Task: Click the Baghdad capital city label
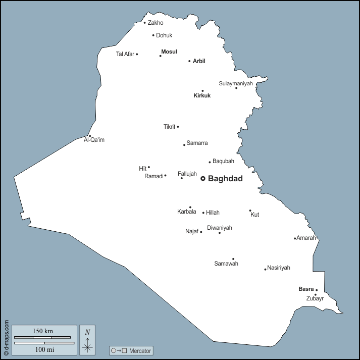coord(225,179)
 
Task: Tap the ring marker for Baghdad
coord(203,178)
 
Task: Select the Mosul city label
coord(169,52)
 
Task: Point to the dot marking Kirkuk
coord(202,91)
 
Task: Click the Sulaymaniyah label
coord(235,83)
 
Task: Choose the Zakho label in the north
coord(156,23)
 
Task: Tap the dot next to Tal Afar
coord(137,54)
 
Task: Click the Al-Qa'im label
coord(94,140)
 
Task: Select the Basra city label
coord(306,289)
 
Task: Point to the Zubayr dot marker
coord(316,295)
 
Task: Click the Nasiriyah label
coord(279,268)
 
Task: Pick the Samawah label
coord(226,264)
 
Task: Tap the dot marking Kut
coord(250,211)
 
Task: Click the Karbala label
coord(186,212)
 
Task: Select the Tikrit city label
coord(169,127)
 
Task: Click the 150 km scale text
coord(43,331)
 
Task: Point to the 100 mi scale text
coord(44,349)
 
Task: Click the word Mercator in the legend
coord(140,351)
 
